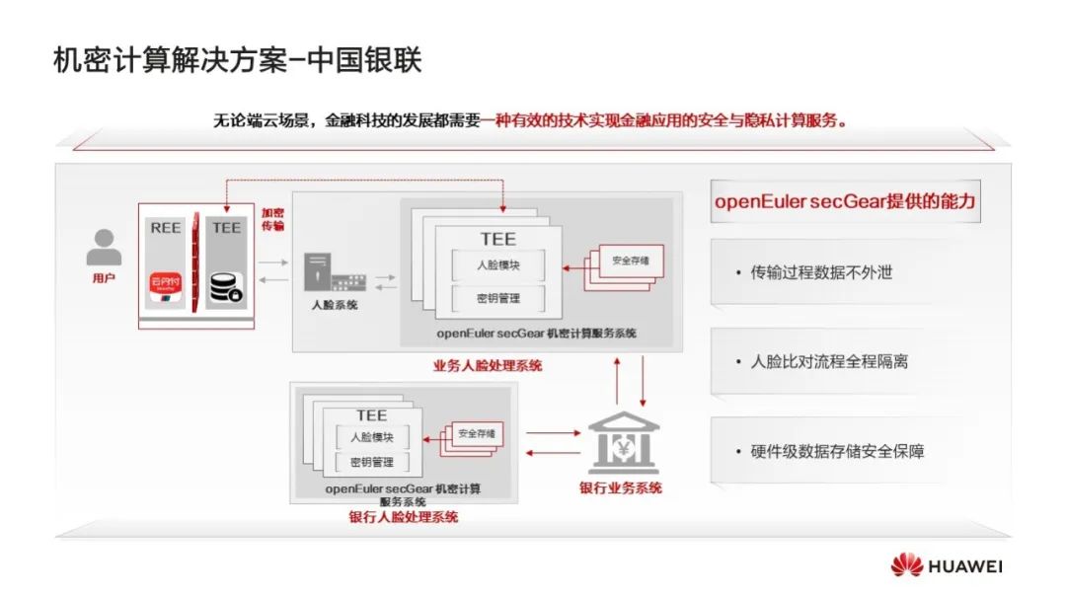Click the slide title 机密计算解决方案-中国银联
pyautogui.click(x=237, y=61)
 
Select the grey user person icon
pyautogui.click(x=104, y=248)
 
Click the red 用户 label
pyautogui.click(x=104, y=278)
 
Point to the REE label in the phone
pyautogui.click(x=165, y=227)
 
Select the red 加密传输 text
pyautogui.click(x=272, y=219)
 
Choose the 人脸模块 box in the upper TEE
pyautogui.click(x=498, y=265)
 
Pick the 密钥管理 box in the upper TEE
pyautogui.click(x=498, y=298)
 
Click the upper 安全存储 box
pyautogui.click(x=628, y=262)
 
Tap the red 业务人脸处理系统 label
pyautogui.click(x=488, y=365)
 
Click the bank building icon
pyautogui.click(x=624, y=444)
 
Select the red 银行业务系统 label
pyautogui.click(x=620, y=487)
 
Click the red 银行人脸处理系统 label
pyautogui.click(x=403, y=516)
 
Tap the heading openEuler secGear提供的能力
pyautogui.click(x=845, y=201)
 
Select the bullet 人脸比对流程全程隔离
pyautogui.click(x=829, y=361)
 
